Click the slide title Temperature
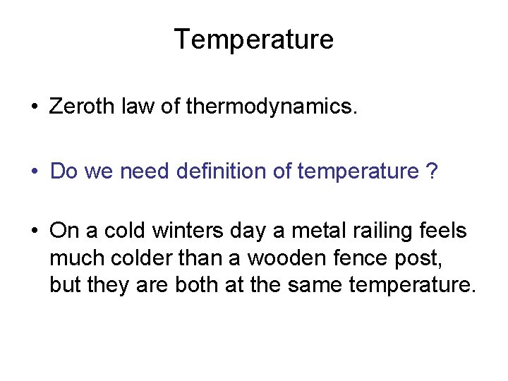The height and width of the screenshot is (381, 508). pos(253,39)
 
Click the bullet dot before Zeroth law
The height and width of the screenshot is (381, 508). pos(34,108)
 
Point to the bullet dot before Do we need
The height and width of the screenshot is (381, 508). pos(34,171)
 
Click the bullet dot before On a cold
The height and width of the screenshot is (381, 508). pos(34,231)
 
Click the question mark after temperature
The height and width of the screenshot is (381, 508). pos(432,171)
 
